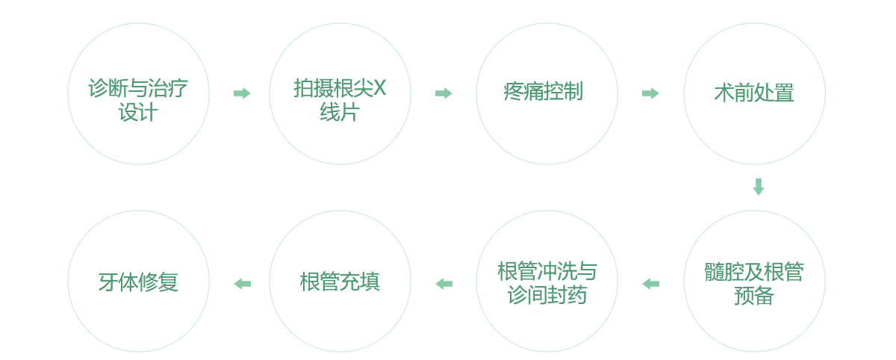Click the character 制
pos(573,92)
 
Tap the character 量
pos(785,93)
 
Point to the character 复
pos(169,282)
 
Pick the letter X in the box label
pos(379,88)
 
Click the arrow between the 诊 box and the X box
pos(242,93)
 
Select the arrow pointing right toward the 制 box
pos(444,93)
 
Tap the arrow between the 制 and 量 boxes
pos(650,93)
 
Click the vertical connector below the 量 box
pos(759,187)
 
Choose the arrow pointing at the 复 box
pos(242,284)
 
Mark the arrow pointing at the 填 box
pos(444,284)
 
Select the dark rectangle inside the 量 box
pos(752,92)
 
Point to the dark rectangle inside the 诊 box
pos(137,99)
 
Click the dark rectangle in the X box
pos(340,99)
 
